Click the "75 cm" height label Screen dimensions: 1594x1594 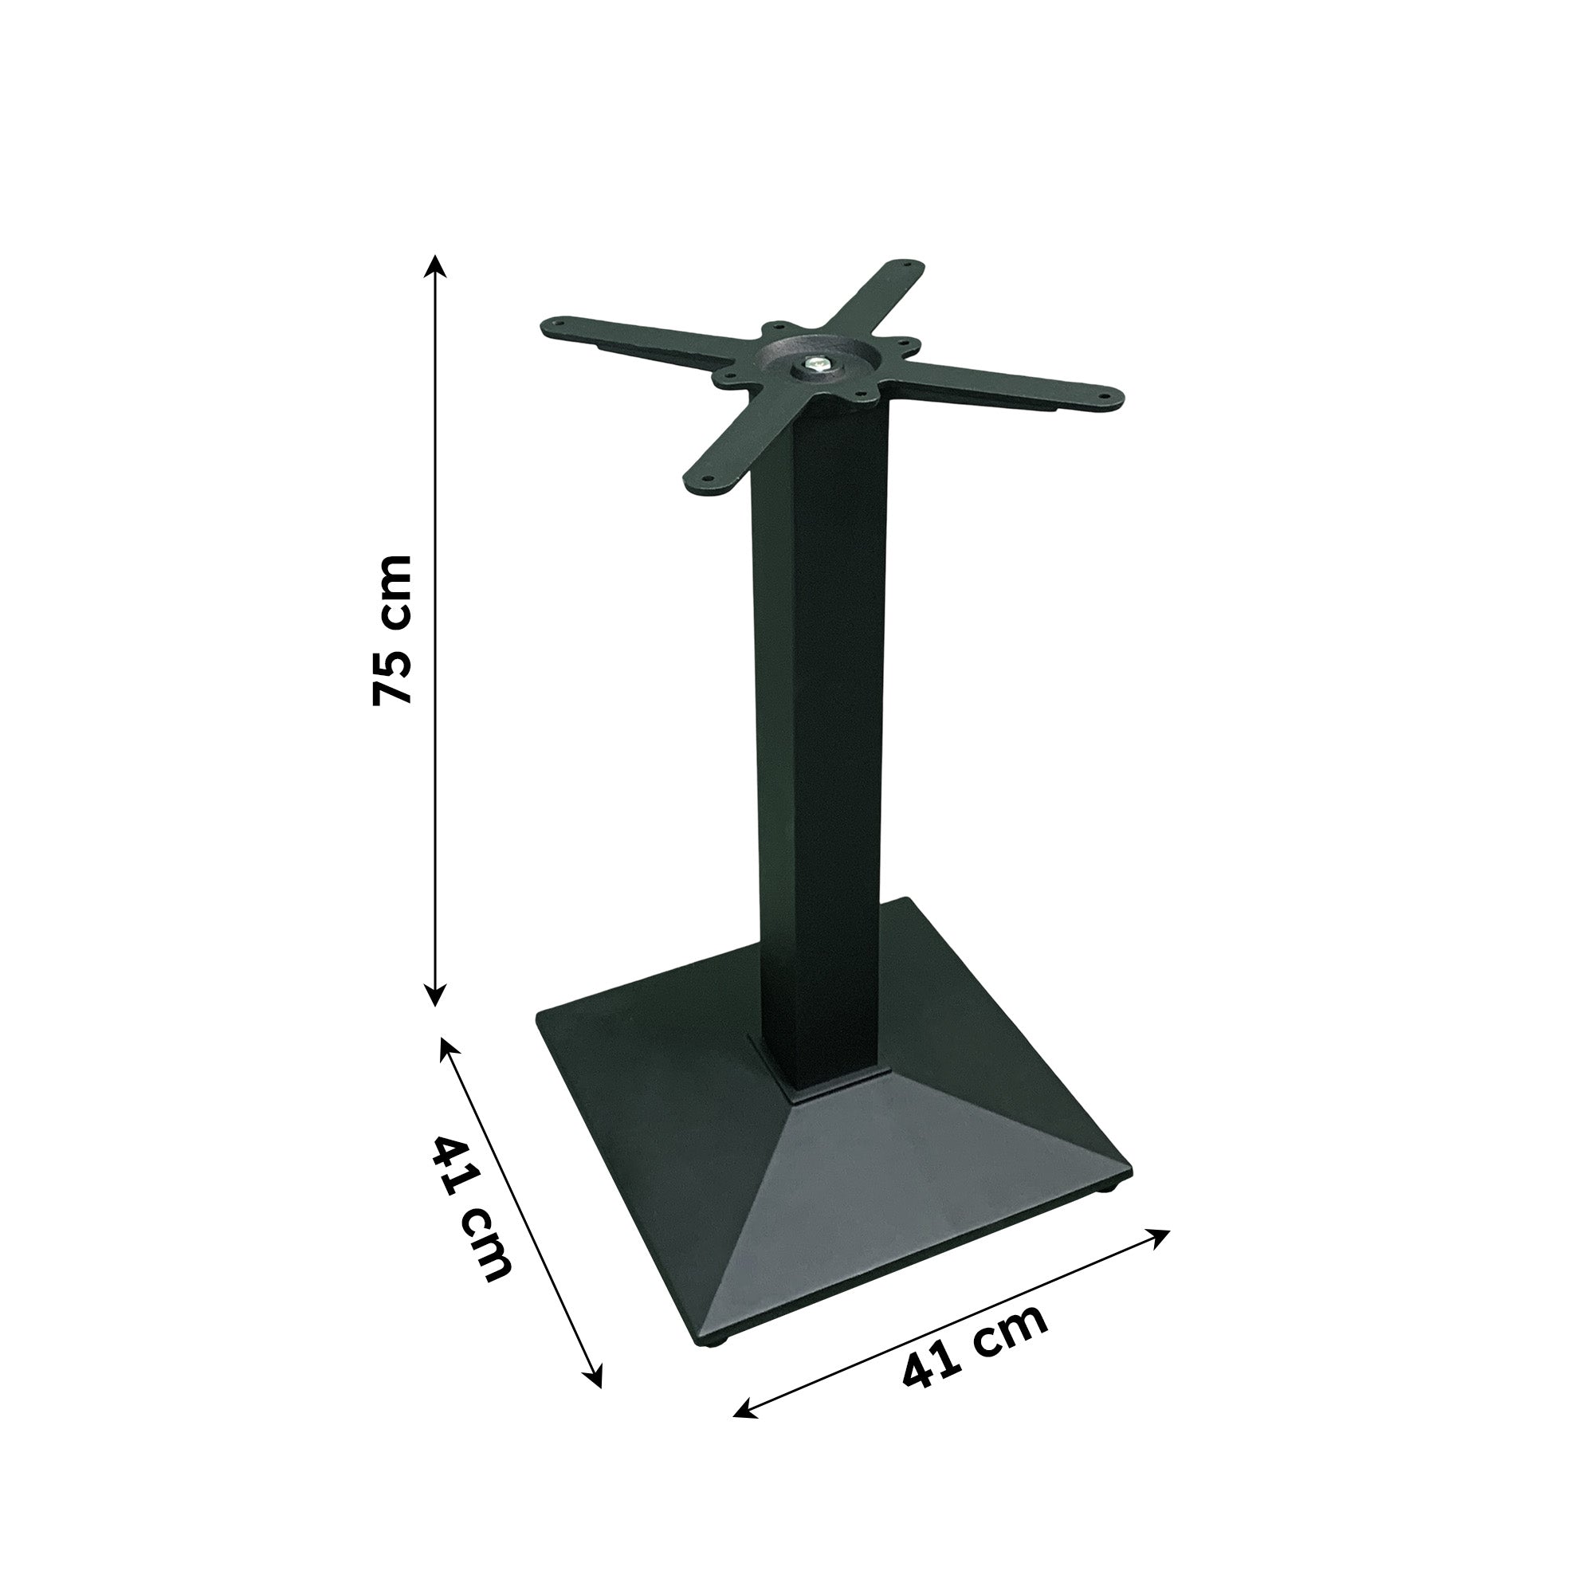pos(392,630)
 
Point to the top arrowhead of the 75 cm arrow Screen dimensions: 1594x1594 pos(436,265)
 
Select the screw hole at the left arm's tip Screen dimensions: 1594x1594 pos(555,324)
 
